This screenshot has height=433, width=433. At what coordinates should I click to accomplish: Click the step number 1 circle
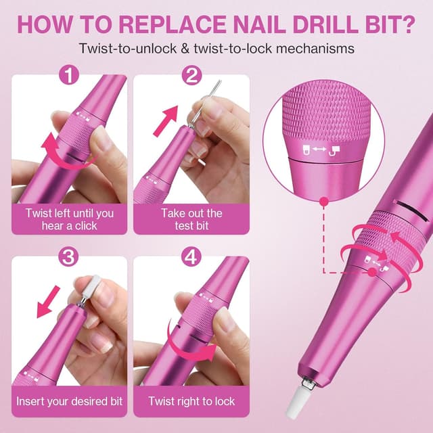click(68, 76)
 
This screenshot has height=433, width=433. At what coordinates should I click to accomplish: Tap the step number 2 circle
click(191, 76)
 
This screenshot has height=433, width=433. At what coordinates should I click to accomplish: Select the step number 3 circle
click(68, 258)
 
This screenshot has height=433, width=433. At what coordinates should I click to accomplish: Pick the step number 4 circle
click(191, 258)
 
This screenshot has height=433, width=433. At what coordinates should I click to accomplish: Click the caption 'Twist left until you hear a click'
click(70, 220)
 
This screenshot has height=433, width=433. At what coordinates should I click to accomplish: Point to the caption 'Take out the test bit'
click(191, 220)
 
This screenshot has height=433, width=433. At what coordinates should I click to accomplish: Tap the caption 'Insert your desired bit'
click(70, 401)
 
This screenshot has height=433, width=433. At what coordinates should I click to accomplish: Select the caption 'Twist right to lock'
click(191, 401)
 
